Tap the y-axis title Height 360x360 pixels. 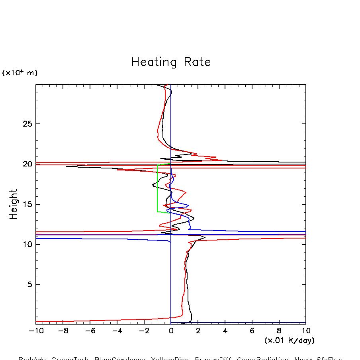coord(14,204)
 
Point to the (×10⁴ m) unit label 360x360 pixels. coord(20,73)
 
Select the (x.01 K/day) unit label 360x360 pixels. coord(289,340)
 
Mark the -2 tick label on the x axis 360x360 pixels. coord(143,331)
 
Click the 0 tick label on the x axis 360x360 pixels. coord(171,331)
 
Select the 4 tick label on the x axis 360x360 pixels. coord(225,331)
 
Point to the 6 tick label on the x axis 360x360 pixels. coord(252,331)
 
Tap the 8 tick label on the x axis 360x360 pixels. coord(279,331)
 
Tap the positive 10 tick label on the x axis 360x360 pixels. coord(305,331)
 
